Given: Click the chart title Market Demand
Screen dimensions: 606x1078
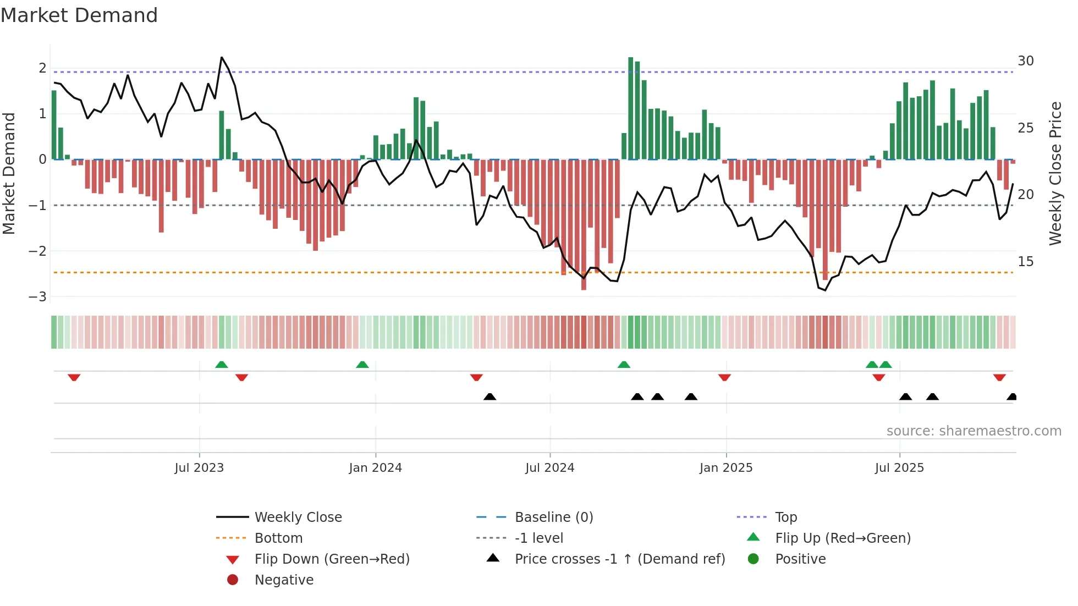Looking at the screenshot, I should pos(79,15).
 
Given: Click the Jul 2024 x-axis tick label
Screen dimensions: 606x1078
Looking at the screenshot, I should pos(549,468).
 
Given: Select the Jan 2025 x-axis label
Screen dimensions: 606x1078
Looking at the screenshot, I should pos(725,468).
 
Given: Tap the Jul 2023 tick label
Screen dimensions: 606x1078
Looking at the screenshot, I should pos(199,468).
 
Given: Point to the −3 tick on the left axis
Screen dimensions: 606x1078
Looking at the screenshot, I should pos(37,297).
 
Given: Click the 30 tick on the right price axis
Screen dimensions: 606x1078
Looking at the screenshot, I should pos(1025,61).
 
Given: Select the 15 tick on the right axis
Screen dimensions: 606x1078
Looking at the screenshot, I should pos(1025,262).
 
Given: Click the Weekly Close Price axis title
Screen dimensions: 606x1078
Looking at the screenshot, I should pos(1055,173).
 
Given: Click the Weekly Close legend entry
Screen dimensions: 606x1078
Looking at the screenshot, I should pos(298,517).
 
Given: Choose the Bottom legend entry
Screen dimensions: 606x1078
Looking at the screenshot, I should pos(278,538).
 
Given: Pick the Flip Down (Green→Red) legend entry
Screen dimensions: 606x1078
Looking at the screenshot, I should pos(332,559).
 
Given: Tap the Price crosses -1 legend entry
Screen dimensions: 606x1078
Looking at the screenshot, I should pos(619,559).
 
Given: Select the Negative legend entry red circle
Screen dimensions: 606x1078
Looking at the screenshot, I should pos(233,580).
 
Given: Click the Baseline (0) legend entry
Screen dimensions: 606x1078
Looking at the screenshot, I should pos(553,517).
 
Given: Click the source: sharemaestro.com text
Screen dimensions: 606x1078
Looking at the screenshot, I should pos(974,431).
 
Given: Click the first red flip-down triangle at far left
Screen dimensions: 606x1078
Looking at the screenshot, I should pos(74,377).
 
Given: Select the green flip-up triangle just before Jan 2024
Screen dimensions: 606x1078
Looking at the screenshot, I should pos(362,365).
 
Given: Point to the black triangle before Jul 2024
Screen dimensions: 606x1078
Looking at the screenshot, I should pos(490,396).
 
